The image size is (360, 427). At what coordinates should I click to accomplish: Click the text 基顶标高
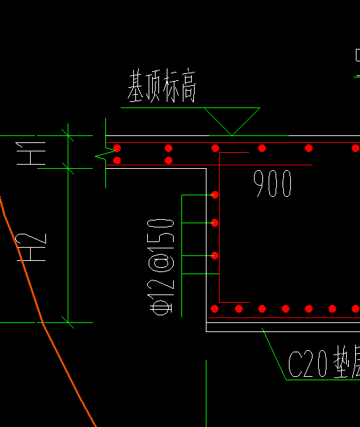click(x=161, y=87)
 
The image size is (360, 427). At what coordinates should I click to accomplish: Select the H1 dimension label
click(x=32, y=153)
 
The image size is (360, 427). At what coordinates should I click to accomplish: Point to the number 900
click(x=273, y=184)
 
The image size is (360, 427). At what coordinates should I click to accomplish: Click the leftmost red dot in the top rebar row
click(x=117, y=148)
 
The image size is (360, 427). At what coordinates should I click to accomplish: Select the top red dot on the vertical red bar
click(x=215, y=195)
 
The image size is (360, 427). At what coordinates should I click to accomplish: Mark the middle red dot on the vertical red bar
click(x=215, y=223)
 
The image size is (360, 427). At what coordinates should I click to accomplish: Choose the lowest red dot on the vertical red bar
click(x=215, y=255)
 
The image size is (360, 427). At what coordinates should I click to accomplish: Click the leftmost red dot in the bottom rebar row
click(x=215, y=308)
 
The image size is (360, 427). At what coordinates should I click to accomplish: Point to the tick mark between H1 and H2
click(x=68, y=167)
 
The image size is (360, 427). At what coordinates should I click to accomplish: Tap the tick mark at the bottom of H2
click(x=68, y=322)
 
